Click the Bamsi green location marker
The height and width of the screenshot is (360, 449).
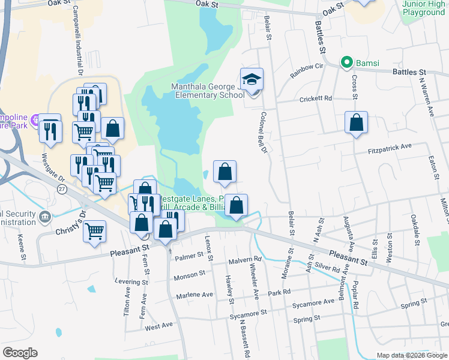coord(346,62)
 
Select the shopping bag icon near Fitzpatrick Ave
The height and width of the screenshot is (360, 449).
coord(356,122)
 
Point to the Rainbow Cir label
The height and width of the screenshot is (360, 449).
coord(307,70)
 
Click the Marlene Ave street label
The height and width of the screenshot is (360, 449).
coord(194,295)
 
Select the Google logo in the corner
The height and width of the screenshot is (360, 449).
coord(20,353)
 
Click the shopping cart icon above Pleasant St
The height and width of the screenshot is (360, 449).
coord(95,230)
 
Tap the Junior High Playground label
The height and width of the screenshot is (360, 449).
coord(424,8)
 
